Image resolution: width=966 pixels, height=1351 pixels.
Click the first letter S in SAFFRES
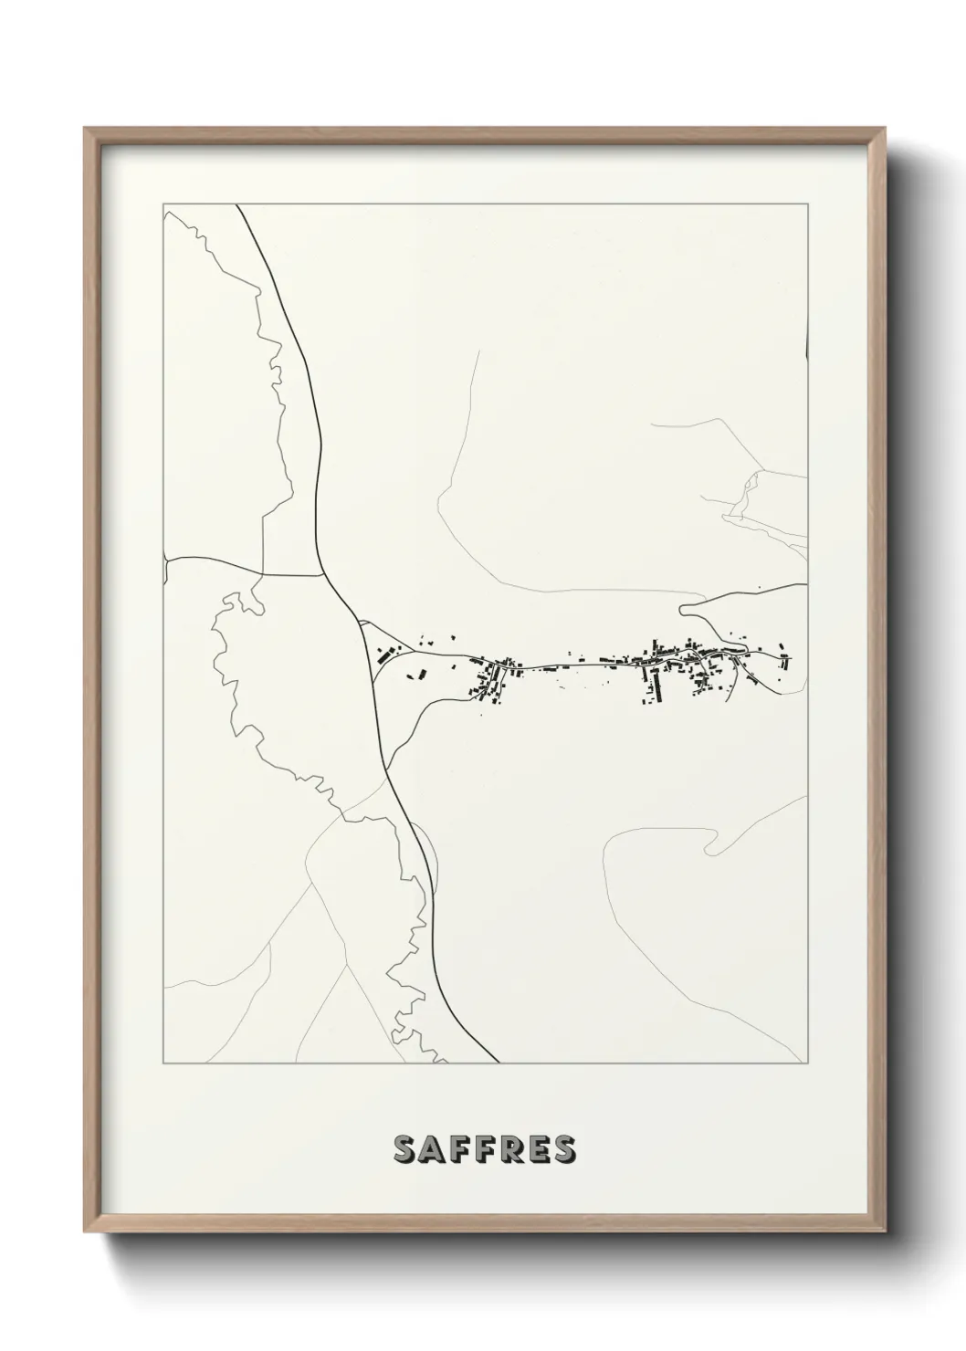tap(404, 1150)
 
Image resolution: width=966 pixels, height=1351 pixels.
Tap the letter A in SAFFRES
tap(431, 1150)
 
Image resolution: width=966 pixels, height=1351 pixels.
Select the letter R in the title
tap(509, 1150)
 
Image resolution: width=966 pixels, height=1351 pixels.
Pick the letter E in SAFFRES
tap(537, 1150)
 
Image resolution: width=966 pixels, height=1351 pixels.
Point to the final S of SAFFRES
tap(563, 1150)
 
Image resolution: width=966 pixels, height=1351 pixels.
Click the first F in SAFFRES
tap(457, 1150)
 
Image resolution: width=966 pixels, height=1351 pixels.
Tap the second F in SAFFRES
tap(483, 1150)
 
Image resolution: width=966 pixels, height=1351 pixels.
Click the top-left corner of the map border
tap(163, 204)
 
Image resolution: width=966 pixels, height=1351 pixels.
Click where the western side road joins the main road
tap(325, 576)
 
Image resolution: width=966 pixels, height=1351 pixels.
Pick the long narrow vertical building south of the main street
tap(646, 683)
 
